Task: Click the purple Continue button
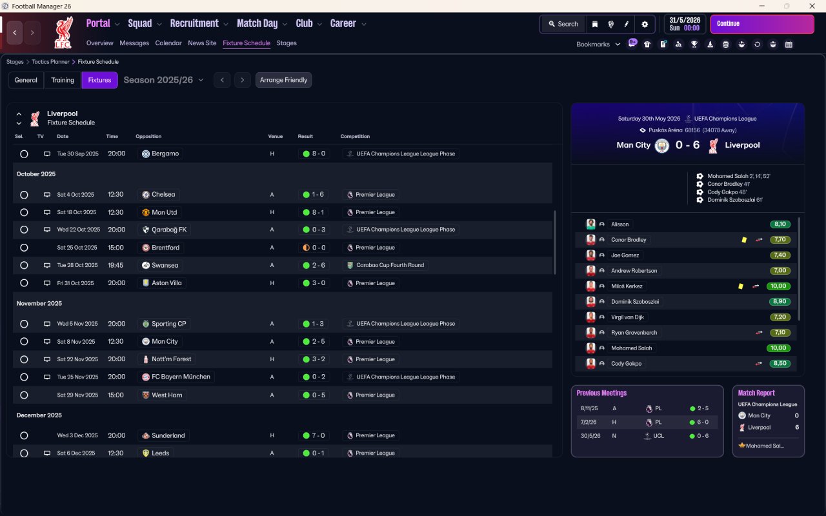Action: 761,24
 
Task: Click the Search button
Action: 563,24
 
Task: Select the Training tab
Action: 63,80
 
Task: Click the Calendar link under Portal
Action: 168,43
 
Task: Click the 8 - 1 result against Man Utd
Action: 314,212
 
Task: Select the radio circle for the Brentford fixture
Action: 24,248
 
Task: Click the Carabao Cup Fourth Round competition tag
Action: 386,265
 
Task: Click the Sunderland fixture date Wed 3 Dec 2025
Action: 77,435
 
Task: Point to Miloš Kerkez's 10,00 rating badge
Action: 779,286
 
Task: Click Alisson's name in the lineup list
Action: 619,224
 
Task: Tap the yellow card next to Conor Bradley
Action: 743,239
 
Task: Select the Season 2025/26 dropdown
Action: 163,80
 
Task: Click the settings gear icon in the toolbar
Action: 644,24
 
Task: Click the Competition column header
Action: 355,136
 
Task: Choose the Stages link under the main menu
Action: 287,43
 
